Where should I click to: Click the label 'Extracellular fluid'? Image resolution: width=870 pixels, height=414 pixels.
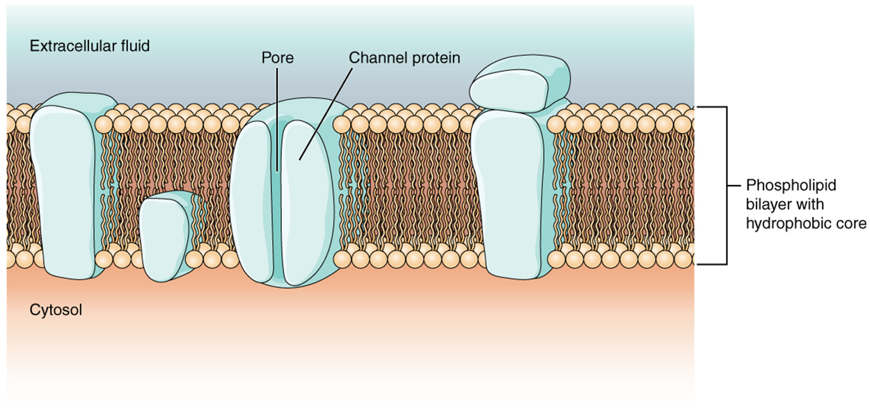90,47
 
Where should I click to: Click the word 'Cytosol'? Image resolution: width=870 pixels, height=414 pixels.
56,310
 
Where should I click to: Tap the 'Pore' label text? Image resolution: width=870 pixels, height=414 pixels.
277,58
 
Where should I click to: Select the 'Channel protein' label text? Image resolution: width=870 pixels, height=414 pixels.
404,58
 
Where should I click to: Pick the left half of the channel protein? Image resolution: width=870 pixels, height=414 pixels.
254,202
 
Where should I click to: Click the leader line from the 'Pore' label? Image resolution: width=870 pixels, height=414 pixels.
277,111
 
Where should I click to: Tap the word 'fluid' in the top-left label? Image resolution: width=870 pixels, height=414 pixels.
134,47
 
